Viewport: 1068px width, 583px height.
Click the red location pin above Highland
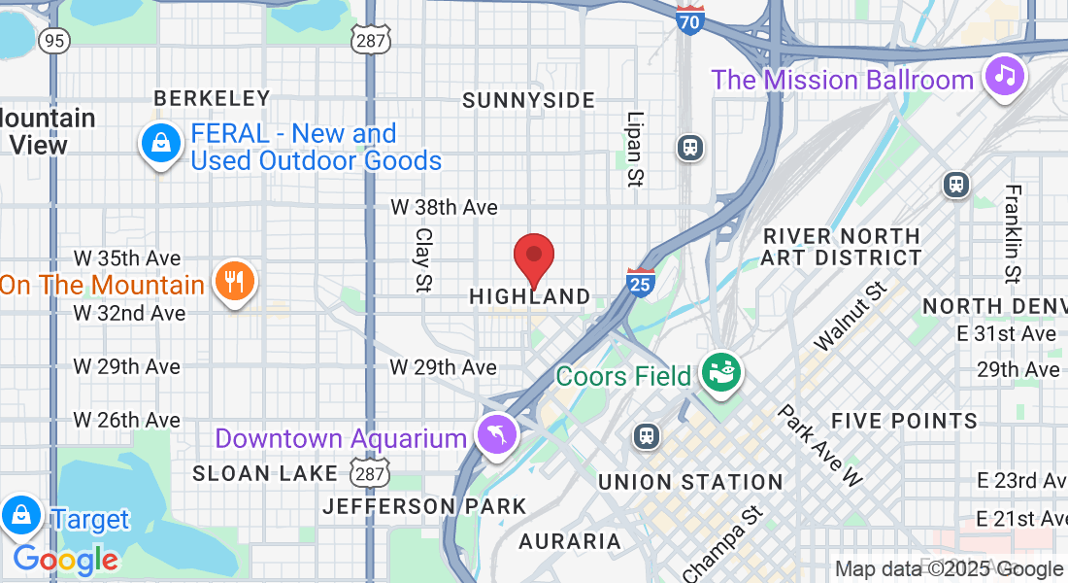point(533,257)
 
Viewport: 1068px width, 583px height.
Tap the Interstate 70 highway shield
point(690,19)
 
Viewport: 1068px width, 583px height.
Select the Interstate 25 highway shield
point(639,281)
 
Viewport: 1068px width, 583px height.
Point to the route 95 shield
point(54,40)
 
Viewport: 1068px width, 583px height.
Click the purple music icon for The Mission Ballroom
point(1006,76)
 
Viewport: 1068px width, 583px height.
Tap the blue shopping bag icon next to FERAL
point(161,144)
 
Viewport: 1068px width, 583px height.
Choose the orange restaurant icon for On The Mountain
point(233,282)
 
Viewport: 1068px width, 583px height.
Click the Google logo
point(66,560)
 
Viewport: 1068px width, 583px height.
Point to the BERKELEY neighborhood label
point(212,98)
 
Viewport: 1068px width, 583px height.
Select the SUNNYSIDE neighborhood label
point(528,100)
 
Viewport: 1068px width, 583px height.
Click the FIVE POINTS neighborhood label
point(904,421)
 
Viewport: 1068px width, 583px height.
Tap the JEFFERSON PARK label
point(424,506)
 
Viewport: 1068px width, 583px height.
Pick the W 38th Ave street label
point(444,207)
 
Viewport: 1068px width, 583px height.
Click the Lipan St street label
point(636,148)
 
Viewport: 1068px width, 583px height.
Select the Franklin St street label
point(1013,233)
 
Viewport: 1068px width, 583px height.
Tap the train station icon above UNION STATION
point(646,436)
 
